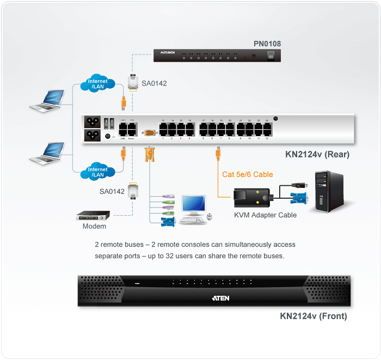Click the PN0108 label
[267, 43]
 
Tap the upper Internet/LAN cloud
[98, 84]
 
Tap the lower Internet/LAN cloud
[98, 172]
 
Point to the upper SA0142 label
[154, 83]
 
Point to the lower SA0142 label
[112, 191]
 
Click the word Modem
[94, 226]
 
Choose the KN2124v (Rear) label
[317, 154]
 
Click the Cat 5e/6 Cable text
[248, 174]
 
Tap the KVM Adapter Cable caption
[266, 215]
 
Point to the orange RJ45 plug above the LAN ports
[124, 103]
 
